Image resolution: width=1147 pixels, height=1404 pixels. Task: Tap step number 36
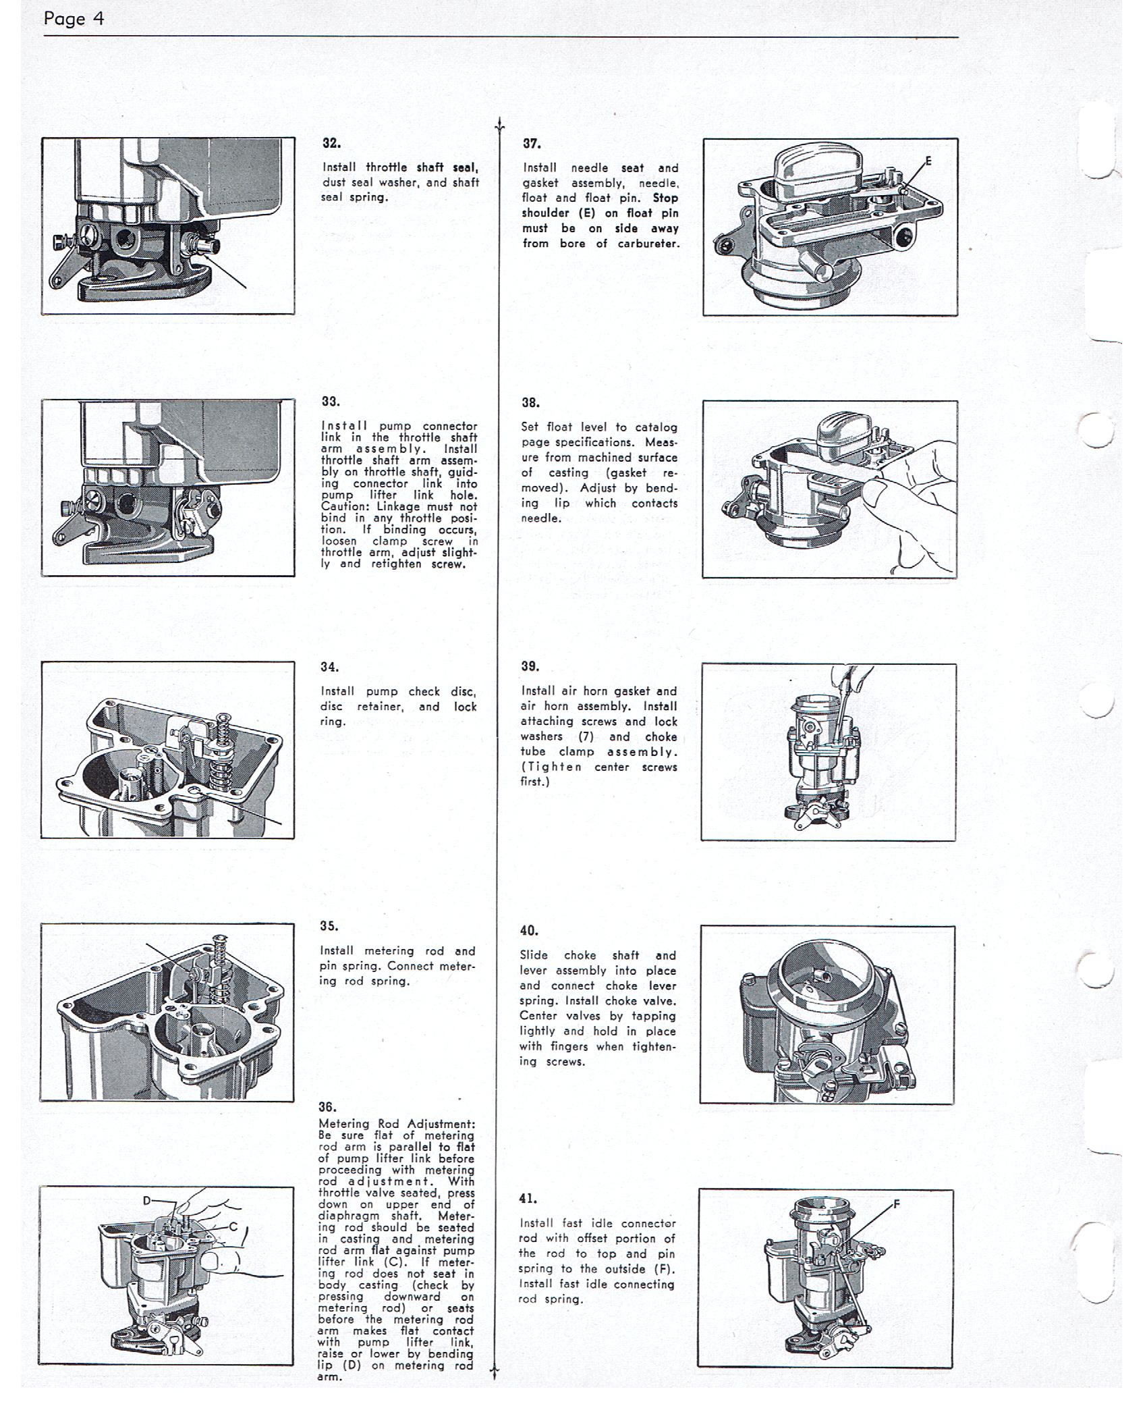[x=328, y=1107]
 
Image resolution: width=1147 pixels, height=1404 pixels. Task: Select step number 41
[x=528, y=1199]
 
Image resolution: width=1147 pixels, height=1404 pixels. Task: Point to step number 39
[x=530, y=666]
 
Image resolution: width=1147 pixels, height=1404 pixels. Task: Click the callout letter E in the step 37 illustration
[x=928, y=161]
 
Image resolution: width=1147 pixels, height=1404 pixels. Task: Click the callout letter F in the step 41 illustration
[x=897, y=1204]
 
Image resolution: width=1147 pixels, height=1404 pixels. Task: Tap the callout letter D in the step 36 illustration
[x=147, y=1201]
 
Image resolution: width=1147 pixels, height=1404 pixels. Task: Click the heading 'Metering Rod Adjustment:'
[x=397, y=1124]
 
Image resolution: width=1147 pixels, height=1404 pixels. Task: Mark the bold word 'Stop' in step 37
[x=665, y=198]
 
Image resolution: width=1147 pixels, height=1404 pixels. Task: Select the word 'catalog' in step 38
[x=656, y=427]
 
